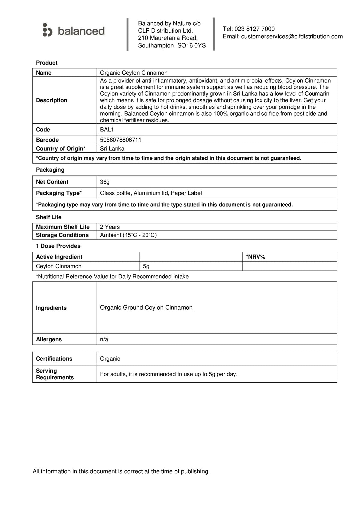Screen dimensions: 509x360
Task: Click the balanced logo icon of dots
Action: coord(47,30)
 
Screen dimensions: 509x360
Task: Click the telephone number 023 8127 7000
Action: coord(254,29)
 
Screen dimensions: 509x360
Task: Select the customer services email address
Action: coord(292,36)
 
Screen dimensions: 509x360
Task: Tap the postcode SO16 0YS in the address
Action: coord(191,46)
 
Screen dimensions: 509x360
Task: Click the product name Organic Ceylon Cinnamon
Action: coord(134,73)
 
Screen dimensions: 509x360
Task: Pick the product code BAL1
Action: coord(107,130)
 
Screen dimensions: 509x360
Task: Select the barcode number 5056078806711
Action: coord(121,140)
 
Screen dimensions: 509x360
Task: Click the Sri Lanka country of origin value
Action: coord(112,149)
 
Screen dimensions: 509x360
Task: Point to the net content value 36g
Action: coord(105,182)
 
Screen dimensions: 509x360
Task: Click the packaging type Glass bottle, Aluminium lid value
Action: coord(151,193)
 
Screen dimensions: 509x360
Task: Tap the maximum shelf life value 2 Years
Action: coord(110,227)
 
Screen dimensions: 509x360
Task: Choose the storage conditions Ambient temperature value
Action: coord(128,235)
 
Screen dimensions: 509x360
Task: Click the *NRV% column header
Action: coord(256,257)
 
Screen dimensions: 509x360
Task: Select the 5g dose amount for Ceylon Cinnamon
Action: coord(146,266)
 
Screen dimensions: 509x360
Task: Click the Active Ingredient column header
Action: coord(59,257)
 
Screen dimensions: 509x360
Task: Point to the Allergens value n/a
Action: coord(104,339)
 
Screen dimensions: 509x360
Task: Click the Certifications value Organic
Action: coord(110,359)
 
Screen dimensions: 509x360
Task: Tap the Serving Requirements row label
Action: coord(55,374)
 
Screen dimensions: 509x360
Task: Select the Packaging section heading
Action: coord(50,170)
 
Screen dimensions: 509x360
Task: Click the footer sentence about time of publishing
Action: coord(121,471)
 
